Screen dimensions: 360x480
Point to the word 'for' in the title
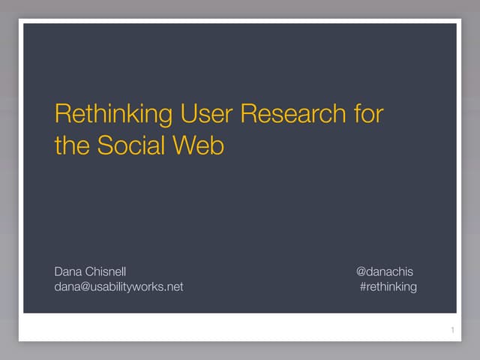[x=368, y=115]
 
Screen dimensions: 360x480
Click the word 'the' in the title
[x=72, y=145]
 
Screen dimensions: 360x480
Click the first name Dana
[x=67, y=271]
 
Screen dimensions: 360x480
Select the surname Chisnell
[x=109, y=271]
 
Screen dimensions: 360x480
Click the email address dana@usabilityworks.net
[x=118, y=286]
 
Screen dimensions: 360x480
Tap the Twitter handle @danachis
[x=384, y=271]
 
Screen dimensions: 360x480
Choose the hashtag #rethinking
[x=388, y=286]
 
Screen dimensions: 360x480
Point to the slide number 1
[x=452, y=331]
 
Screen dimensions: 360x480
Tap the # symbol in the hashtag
[x=364, y=286]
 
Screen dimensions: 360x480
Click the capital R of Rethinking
[x=62, y=115]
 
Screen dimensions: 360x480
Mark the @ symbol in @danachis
[x=361, y=271]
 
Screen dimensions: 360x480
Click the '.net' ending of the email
[x=174, y=286]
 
